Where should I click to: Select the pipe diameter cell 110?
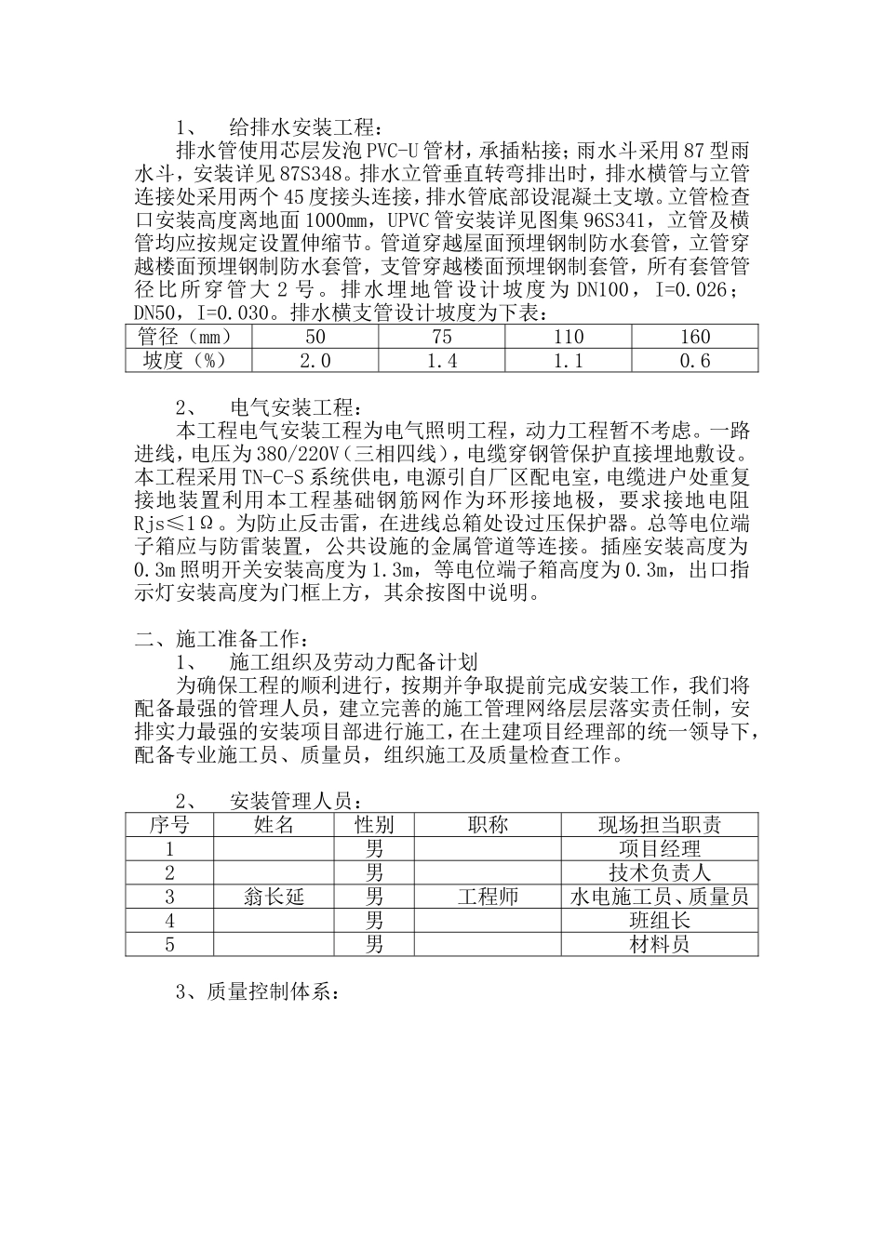568,337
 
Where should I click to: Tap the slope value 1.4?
441,361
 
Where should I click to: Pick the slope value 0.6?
694,361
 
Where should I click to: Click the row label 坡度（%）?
183,361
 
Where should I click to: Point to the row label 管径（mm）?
183,337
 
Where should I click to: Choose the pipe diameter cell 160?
694,337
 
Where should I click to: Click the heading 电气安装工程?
294,407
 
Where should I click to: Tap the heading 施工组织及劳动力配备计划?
354,662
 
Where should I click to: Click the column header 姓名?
274,825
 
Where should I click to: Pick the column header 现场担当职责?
659,825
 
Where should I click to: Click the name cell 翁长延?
274,898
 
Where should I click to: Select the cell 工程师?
488,898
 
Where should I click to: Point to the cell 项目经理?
659,849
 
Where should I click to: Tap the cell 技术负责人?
659,873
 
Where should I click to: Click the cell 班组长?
659,922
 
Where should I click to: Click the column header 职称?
488,825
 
